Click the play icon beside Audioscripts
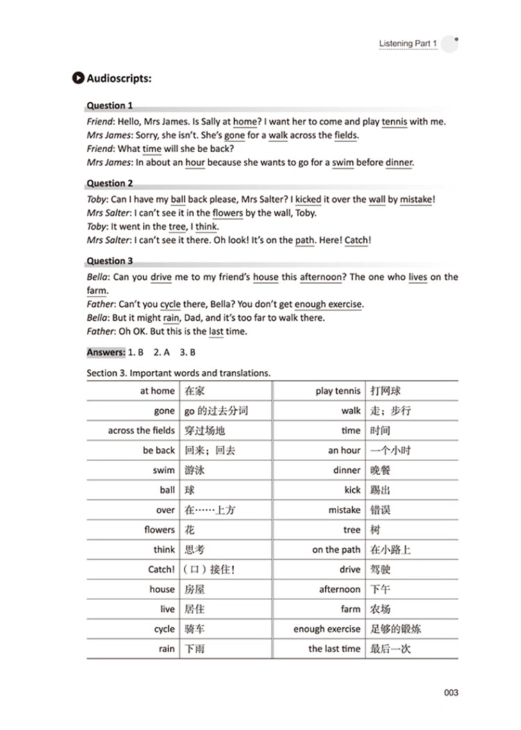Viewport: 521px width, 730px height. pyautogui.click(x=78, y=78)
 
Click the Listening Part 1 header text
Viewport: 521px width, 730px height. pyautogui.click(x=408, y=44)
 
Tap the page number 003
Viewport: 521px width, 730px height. pyautogui.click(x=451, y=692)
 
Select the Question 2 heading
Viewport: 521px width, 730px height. pyautogui.click(x=110, y=183)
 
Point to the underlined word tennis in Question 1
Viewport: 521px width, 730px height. pyautogui.click(x=395, y=122)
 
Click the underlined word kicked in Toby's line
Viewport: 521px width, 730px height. pyautogui.click(x=308, y=200)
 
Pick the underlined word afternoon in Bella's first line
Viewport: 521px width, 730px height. pyautogui.click(x=322, y=277)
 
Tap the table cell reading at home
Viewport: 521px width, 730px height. pyautogui.click(x=158, y=391)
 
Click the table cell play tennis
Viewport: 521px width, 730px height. pyautogui.click(x=338, y=391)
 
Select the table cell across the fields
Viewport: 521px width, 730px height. pyautogui.click(x=142, y=431)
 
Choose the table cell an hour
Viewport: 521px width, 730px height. pyautogui.click(x=345, y=450)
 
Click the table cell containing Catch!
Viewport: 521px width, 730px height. pyautogui.click(x=162, y=570)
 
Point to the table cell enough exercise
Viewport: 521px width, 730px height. pyautogui.click(x=327, y=629)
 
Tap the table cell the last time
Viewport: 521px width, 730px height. pyautogui.click(x=335, y=649)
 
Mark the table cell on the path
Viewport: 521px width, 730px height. pyautogui.click(x=336, y=549)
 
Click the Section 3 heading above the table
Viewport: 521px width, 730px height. pyautogui.click(x=179, y=373)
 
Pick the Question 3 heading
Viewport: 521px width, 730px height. pyautogui.click(x=110, y=261)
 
